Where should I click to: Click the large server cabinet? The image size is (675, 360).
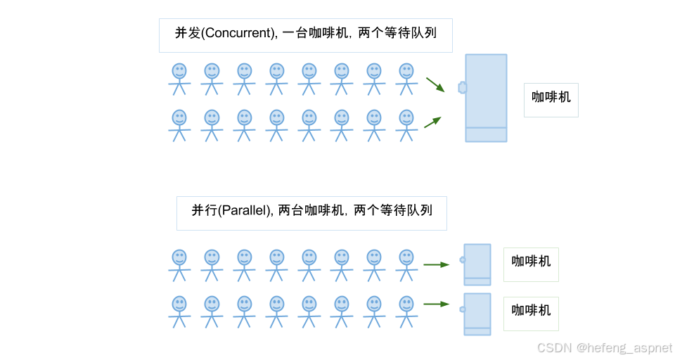click(486, 98)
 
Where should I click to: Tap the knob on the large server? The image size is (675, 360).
click(462, 87)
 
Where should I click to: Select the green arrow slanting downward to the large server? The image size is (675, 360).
click(435, 84)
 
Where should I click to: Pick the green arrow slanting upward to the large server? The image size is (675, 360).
click(432, 122)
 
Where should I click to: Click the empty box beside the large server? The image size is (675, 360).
click(551, 100)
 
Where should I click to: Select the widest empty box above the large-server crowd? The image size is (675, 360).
click(305, 35)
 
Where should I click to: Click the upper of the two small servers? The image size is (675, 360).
click(477, 264)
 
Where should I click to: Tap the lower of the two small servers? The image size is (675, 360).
click(477, 314)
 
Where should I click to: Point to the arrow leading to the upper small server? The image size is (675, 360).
click(436, 265)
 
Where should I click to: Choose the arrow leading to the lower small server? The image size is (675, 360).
click(436, 304)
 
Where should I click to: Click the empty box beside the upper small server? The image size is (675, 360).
click(531, 264)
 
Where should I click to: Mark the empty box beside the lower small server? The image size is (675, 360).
click(531, 314)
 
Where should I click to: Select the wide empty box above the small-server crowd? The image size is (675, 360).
click(311, 213)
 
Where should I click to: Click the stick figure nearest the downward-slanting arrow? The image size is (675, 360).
click(406, 79)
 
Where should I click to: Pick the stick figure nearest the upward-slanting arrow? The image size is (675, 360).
click(406, 125)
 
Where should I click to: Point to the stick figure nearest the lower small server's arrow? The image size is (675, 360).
click(406, 311)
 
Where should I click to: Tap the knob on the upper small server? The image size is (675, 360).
click(462, 259)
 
